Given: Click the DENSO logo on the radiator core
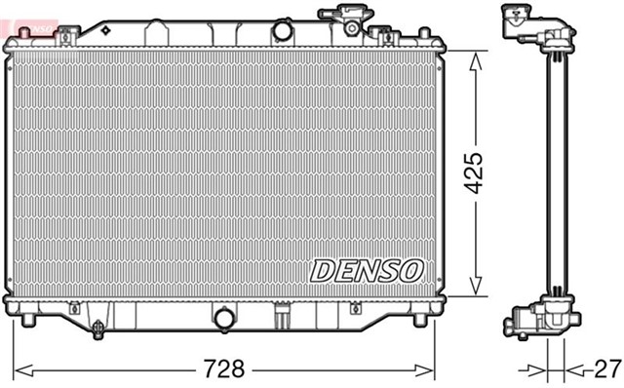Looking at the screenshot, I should [x=367, y=270].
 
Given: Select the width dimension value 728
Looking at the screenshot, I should [x=223, y=369].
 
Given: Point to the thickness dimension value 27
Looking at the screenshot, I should [x=606, y=369].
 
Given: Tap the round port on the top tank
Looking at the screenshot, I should [x=283, y=30].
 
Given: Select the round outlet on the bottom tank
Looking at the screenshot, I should [x=224, y=319].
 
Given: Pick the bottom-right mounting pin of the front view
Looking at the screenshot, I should [x=420, y=319].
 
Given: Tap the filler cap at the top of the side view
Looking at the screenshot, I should [x=523, y=20].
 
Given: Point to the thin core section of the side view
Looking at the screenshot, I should [x=558, y=175].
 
